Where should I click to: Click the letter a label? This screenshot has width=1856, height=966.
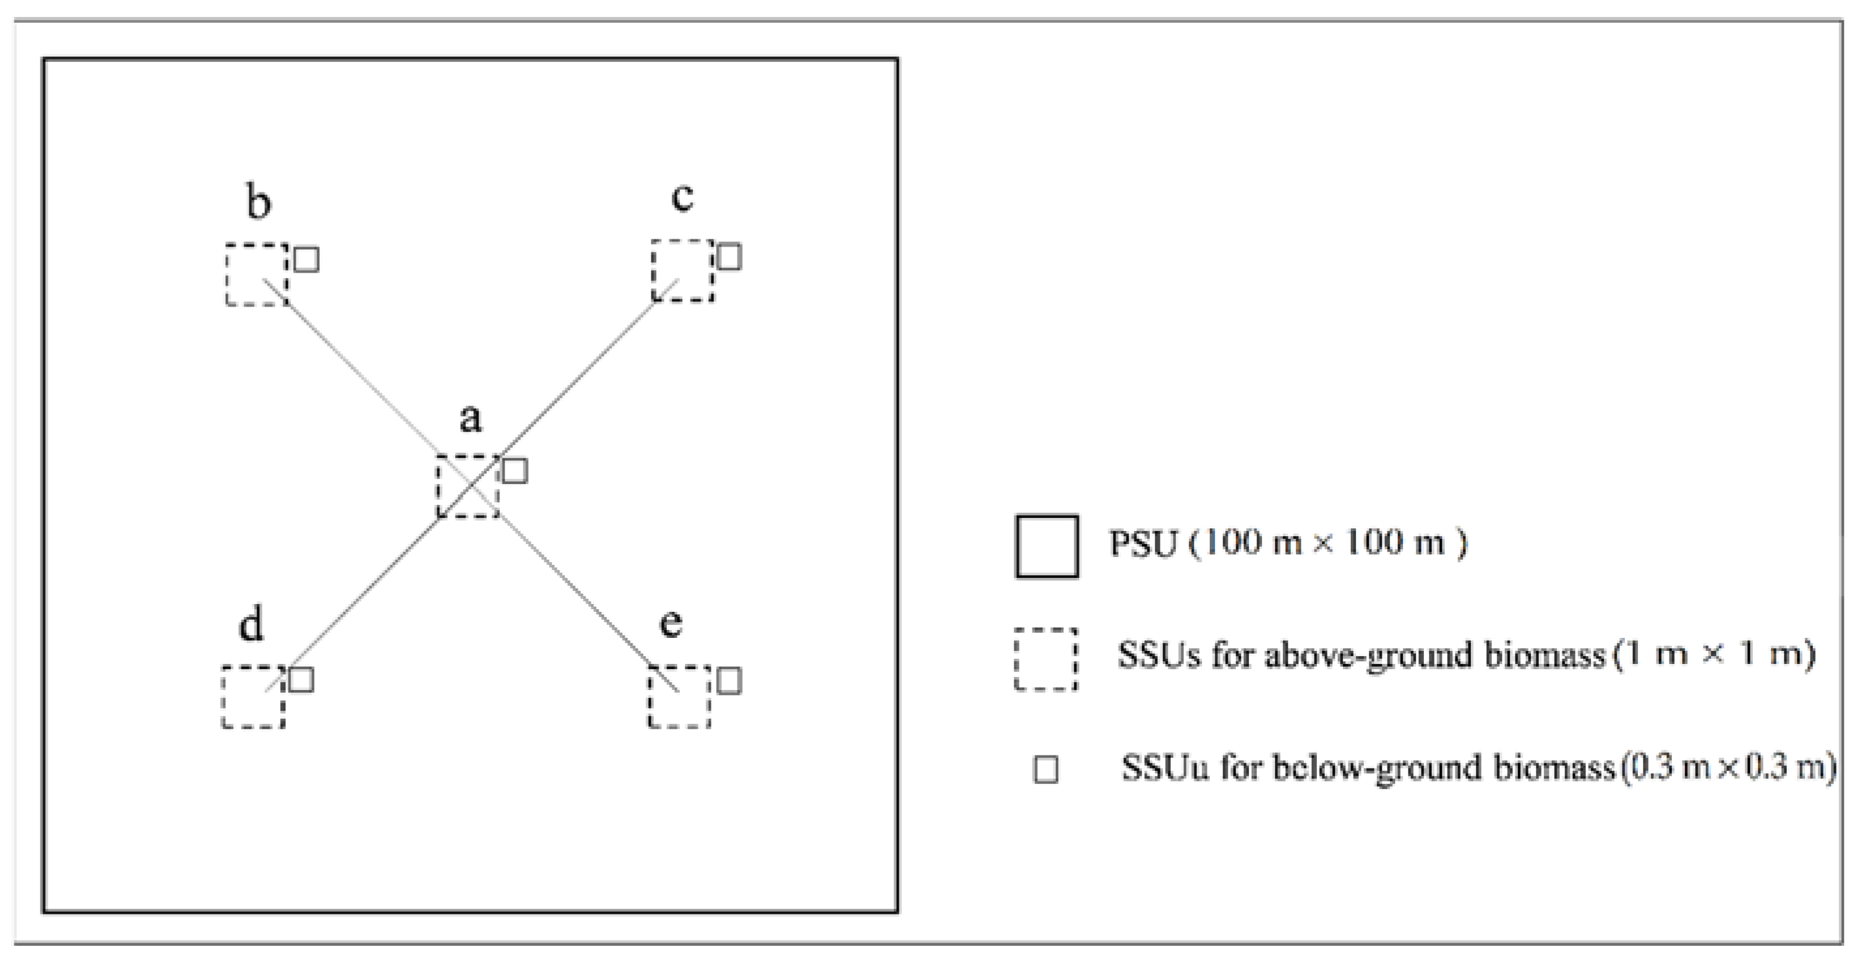point(471,419)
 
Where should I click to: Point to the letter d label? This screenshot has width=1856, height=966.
point(251,623)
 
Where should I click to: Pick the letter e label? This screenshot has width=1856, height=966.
point(671,623)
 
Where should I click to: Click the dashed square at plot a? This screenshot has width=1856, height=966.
point(469,485)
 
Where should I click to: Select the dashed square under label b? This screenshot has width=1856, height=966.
point(256,275)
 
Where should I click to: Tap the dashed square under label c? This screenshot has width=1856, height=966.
point(683,270)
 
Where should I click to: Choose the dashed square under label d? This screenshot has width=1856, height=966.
point(252,697)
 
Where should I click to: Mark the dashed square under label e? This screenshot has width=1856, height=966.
point(679,697)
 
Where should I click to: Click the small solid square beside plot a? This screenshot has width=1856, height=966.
point(514,470)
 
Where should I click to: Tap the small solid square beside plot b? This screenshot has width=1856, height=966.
point(307,260)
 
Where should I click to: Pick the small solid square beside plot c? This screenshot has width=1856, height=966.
point(729,256)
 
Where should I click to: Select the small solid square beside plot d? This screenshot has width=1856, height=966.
point(301,679)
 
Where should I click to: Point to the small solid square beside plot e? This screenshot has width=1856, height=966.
point(729,681)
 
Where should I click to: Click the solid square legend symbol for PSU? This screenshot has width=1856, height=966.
point(1047,546)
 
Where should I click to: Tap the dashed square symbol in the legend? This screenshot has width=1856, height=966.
point(1046,660)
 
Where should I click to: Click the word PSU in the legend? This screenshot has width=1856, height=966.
point(1143,543)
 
